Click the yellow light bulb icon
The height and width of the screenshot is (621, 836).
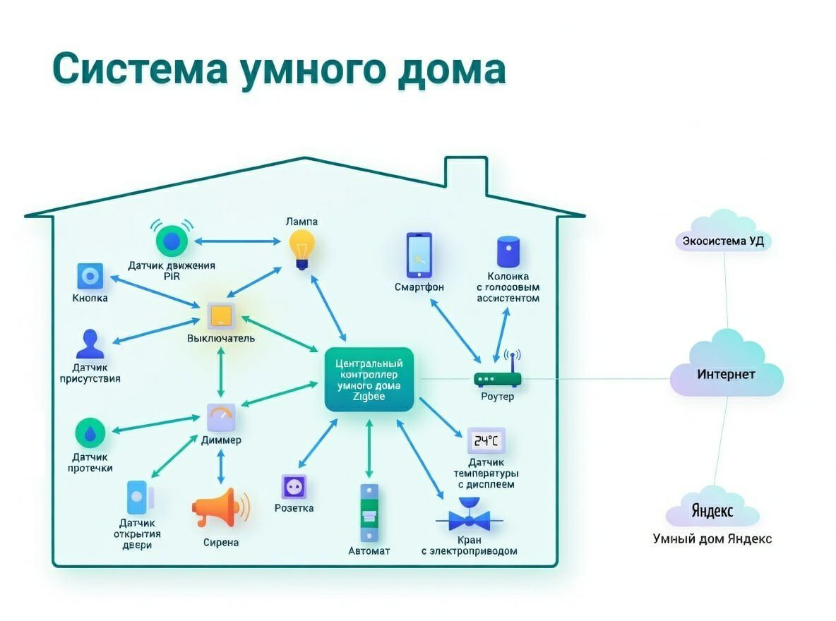[x=301, y=248]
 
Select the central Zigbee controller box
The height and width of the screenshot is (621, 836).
[x=369, y=380]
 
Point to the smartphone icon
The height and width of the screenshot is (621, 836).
[x=418, y=255]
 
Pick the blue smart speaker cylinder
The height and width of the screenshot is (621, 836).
[x=508, y=252]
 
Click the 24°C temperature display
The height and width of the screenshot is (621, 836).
[x=486, y=441]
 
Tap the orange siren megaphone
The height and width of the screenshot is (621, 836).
[x=219, y=508]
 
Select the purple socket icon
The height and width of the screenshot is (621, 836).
[x=294, y=487]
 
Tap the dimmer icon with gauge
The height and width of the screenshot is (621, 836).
[x=221, y=418]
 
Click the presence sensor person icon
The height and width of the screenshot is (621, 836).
[x=90, y=344]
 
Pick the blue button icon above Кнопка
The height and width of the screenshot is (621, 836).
[x=90, y=276]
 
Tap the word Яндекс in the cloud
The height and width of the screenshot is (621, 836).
[x=712, y=510]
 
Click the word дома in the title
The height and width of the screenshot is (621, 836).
[x=451, y=70]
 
